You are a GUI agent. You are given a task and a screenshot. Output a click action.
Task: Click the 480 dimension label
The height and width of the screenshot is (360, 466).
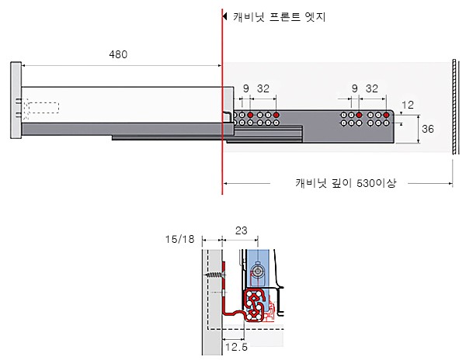[x=118, y=54]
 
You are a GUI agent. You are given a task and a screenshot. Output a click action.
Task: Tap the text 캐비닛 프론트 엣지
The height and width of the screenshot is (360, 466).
[x=279, y=16]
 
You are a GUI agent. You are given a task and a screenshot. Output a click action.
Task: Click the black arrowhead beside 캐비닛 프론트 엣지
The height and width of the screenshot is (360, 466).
[x=225, y=16]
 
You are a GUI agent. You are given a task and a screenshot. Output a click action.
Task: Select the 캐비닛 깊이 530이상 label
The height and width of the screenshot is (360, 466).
[x=346, y=183]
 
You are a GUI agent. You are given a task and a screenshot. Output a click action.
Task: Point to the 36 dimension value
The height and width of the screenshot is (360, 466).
[x=428, y=129]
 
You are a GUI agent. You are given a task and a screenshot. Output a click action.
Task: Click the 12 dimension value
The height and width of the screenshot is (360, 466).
[x=408, y=105]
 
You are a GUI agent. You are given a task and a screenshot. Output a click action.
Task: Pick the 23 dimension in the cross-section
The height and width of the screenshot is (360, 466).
[x=241, y=230]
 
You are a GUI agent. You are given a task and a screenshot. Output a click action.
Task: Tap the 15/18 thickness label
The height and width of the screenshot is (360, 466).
[x=180, y=239]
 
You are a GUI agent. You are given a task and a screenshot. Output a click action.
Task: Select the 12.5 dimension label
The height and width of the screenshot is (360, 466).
[x=236, y=347]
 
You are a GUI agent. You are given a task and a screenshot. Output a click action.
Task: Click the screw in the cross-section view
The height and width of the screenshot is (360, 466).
[x=215, y=275]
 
